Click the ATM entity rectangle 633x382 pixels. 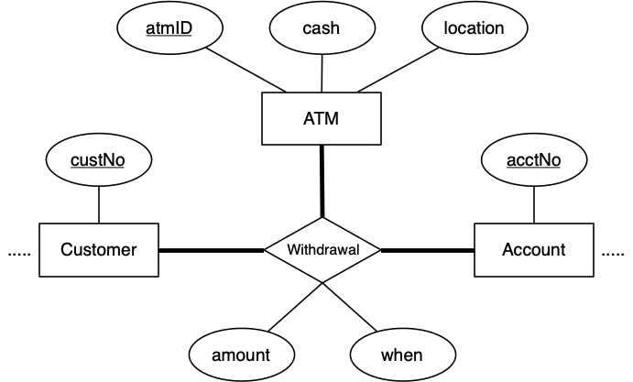pos(322,119)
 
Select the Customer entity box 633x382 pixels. pos(98,249)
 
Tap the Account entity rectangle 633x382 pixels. pos(533,249)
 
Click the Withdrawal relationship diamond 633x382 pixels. pos(322,249)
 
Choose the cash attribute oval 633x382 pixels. pos(321,27)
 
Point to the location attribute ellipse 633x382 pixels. pos(474,27)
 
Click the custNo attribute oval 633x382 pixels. pos(98,159)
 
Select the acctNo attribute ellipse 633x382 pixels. pos(533,159)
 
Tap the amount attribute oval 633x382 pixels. pos(240,355)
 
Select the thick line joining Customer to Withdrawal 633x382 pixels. pos(212,250)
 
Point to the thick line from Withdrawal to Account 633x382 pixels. pos(427,250)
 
